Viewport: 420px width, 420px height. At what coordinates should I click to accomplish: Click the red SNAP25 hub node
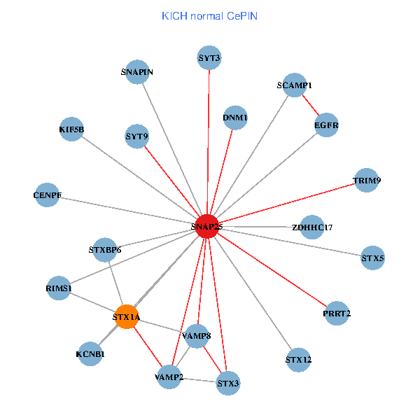[x=207, y=226]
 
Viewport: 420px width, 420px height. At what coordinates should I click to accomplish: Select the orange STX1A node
[x=127, y=317]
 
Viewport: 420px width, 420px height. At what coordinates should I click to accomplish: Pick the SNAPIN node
[x=137, y=72]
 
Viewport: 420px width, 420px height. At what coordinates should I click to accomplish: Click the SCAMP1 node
[x=295, y=85]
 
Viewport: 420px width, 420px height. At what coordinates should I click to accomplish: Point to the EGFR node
[x=327, y=125]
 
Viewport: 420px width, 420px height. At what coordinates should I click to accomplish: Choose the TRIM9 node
[x=367, y=181]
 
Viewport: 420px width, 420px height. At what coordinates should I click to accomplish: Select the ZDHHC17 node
[x=312, y=227]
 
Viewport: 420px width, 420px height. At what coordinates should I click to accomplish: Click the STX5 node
[x=373, y=258]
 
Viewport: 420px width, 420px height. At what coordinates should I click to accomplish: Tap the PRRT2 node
[x=337, y=313]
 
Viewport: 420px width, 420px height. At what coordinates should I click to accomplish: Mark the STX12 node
[x=299, y=360]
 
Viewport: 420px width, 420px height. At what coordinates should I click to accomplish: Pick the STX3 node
[x=228, y=383]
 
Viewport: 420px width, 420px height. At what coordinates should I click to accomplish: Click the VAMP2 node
[x=169, y=377]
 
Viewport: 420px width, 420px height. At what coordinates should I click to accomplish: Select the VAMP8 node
[x=197, y=337]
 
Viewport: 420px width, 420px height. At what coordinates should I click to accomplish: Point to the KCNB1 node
[x=90, y=353]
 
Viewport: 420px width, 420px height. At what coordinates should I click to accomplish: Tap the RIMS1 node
[x=59, y=288]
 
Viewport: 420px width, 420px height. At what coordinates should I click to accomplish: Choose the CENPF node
[x=48, y=194]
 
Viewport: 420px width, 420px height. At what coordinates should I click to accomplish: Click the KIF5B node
[x=71, y=129]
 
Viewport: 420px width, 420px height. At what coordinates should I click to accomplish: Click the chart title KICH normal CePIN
[x=209, y=15]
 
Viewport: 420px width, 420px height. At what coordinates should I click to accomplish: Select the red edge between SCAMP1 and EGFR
[x=311, y=105]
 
